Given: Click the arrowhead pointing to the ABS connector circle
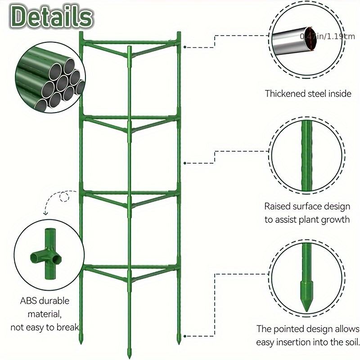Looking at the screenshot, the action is [45, 214].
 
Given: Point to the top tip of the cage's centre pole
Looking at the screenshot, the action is [130, 48].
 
